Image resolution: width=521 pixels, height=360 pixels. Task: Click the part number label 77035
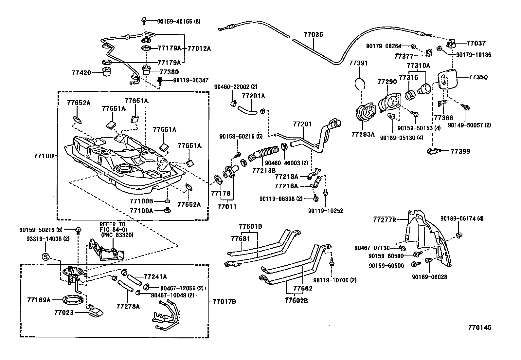coord(313,34)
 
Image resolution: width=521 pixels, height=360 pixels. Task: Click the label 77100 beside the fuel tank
coord(43,156)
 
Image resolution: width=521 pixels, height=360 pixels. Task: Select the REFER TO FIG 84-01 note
coord(113,229)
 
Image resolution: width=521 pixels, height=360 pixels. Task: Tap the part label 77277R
coord(385,219)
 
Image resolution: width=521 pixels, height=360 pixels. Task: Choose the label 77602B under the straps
coord(296,300)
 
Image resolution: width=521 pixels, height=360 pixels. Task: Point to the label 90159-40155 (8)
coord(178,22)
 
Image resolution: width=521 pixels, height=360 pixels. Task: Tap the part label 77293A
coord(363,134)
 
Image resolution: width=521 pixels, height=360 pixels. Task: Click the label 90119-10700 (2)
coord(335,280)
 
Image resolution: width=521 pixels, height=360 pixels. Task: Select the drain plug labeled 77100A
coord(167,210)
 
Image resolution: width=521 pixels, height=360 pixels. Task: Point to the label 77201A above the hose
coord(253,96)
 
